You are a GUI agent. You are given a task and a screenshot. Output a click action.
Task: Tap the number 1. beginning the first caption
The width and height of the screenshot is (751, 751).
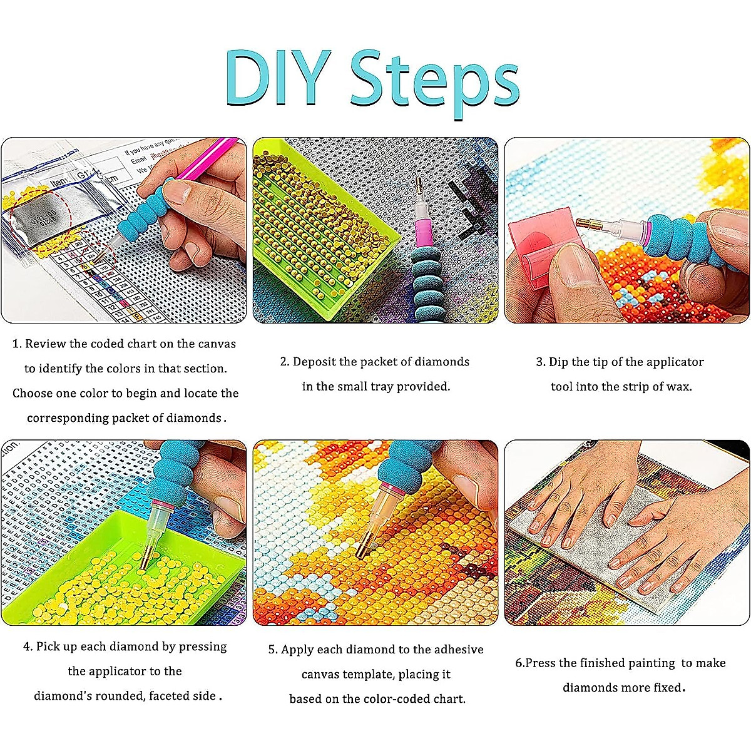(x=17, y=344)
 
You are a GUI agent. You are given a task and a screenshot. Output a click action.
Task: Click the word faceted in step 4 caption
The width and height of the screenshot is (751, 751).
(x=181, y=696)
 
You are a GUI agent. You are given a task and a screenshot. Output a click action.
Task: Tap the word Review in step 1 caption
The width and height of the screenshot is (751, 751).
(x=46, y=344)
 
